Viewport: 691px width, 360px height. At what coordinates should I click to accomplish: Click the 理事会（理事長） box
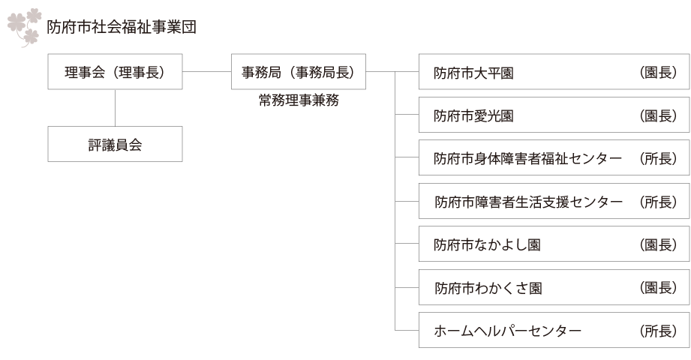[x=115, y=73]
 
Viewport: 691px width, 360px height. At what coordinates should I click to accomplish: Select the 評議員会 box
[x=115, y=144]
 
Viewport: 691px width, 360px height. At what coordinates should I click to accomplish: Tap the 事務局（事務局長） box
[x=298, y=73]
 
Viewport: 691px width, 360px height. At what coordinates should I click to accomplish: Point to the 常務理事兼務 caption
[x=298, y=100]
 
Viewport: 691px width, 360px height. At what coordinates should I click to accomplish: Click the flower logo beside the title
[x=24, y=27]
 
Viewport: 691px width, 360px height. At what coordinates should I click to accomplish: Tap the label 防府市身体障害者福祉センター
[x=528, y=160]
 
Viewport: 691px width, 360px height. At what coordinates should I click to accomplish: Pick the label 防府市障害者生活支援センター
[x=528, y=202]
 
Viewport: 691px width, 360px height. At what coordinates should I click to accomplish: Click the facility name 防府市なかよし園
[x=488, y=246]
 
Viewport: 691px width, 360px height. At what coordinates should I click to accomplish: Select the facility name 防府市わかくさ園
[x=488, y=289]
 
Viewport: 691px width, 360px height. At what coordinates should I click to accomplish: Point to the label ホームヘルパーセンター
[x=508, y=331]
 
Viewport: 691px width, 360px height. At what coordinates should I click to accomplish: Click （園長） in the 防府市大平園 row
[x=658, y=73]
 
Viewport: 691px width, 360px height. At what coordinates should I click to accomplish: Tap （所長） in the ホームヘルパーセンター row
[x=658, y=331]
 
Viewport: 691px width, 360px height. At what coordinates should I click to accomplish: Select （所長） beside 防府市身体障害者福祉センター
[x=658, y=160]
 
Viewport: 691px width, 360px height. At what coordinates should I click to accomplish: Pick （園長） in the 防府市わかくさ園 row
[x=658, y=289]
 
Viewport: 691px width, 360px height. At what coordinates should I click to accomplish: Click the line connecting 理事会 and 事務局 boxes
[x=207, y=72]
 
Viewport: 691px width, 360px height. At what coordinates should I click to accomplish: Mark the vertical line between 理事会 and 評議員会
[x=115, y=109]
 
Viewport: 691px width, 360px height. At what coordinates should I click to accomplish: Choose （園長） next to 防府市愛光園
[x=658, y=116]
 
